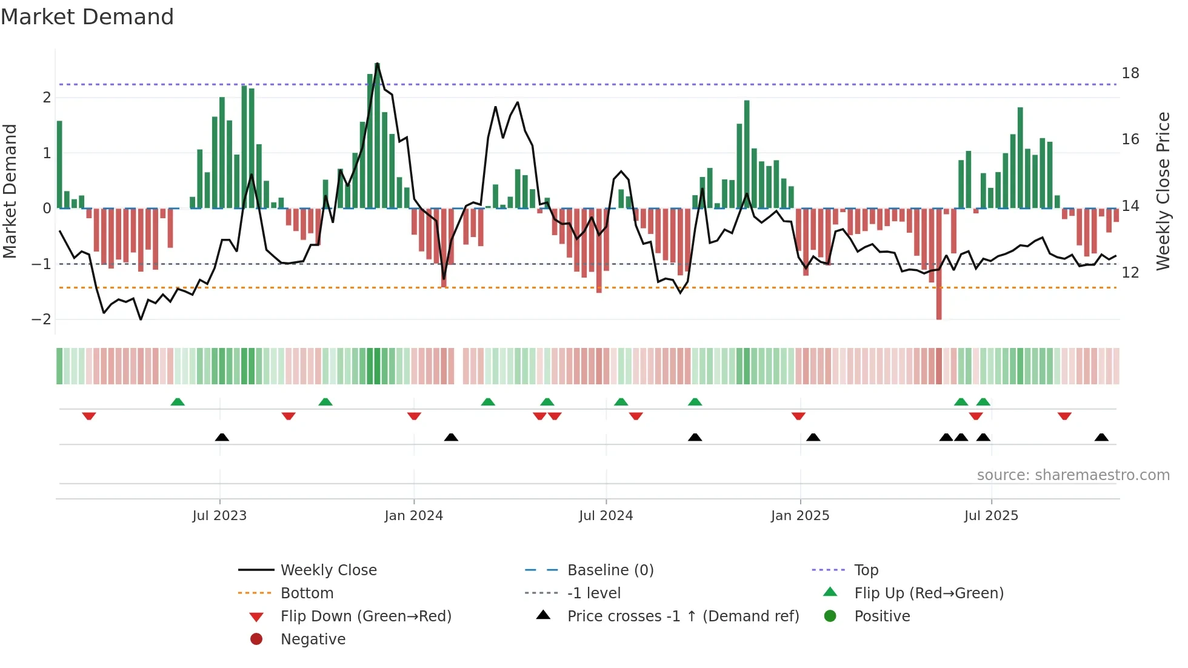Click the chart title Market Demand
pos(87,17)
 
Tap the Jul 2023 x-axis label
pos(219,516)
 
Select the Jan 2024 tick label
pos(413,516)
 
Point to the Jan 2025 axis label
pos(799,516)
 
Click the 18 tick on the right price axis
pos(1130,73)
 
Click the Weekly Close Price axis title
pos(1163,191)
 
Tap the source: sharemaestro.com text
pos(1073,475)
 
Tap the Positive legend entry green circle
pos(830,616)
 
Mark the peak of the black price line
pos(377,64)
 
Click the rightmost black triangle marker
pos(1101,438)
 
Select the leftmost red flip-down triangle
pos(89,416)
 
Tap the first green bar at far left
pos(59,164)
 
